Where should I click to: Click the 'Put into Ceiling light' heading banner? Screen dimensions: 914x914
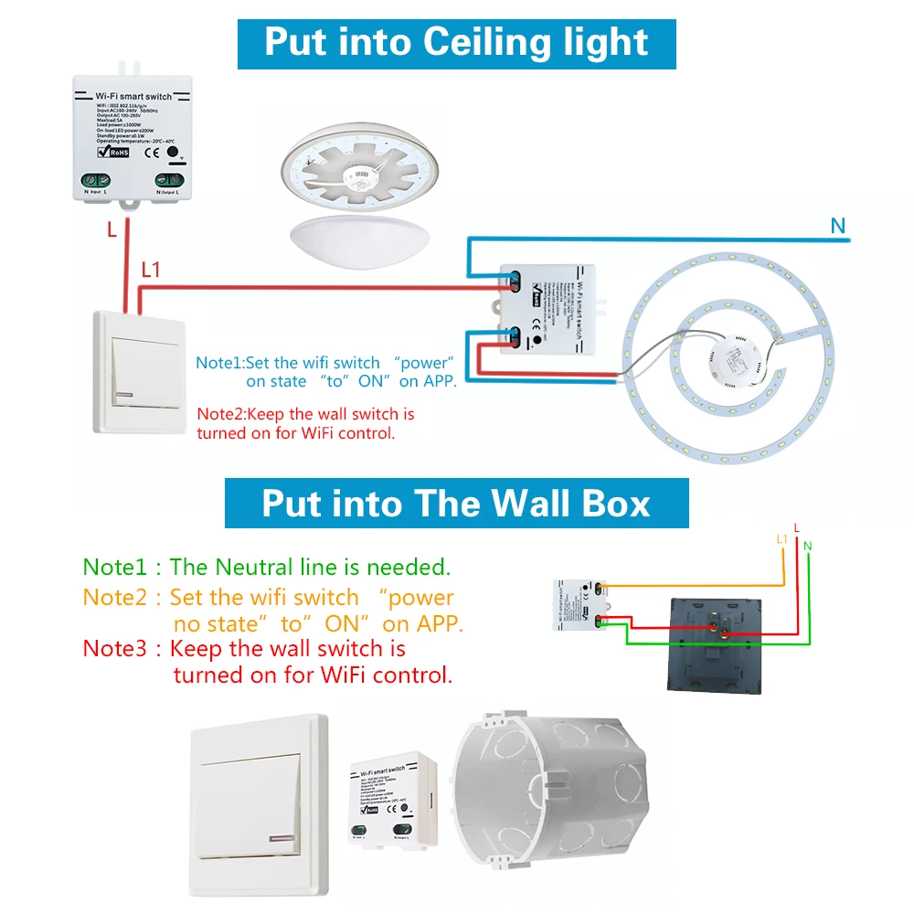tap(456, 43)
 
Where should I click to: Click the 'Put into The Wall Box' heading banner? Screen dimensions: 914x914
tap(456, 504)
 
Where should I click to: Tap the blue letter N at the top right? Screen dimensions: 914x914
tap(838, 225)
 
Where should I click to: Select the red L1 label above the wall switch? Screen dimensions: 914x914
tap(151, 270)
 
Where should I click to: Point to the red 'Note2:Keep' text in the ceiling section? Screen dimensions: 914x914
tap(241, 414)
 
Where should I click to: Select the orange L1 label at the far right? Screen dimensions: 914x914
tap(781, 539)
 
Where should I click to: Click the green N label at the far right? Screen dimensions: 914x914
tap(807, 546)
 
